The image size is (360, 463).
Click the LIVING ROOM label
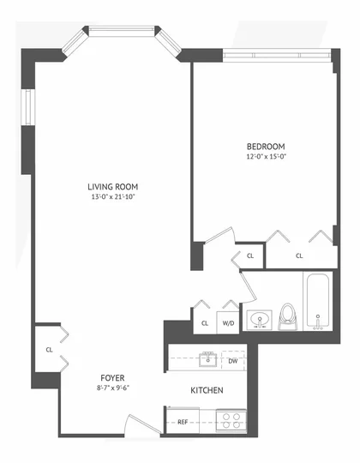(x=113, y=187)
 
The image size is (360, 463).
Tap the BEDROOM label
(x=266, y=147)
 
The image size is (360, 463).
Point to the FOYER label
(x=112, y=378)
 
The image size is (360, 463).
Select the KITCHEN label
(x=207, y=390)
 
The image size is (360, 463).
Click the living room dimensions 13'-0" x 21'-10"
(x=113, y=197)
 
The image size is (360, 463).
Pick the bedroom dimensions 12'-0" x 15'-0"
(x=267, y=157)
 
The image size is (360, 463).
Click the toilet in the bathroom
(x=287, y=317)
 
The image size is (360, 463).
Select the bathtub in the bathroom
(x=318, y=301)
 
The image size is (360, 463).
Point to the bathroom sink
(x=260, y=320)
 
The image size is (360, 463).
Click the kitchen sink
(x=208, y=358)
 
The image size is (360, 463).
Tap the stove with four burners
(x=231, y=420)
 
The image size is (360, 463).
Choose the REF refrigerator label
(x=183, y=422)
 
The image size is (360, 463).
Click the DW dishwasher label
(x=233, y=361)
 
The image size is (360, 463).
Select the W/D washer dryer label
(x=228, y=323)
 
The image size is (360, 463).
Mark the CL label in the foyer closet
(x=49, y=350)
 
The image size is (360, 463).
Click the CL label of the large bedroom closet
(x=299, y=256)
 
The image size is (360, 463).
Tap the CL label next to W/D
(x=205, y=323)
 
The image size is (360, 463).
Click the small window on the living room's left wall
(x=28, y=107)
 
